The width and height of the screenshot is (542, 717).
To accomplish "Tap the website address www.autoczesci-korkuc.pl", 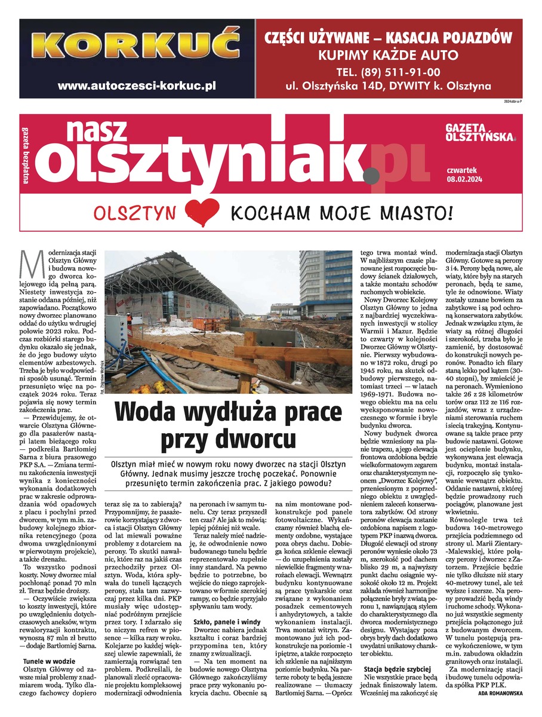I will click(x=137, y=85).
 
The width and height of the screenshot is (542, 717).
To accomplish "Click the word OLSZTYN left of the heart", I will click(x=138, y=213).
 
